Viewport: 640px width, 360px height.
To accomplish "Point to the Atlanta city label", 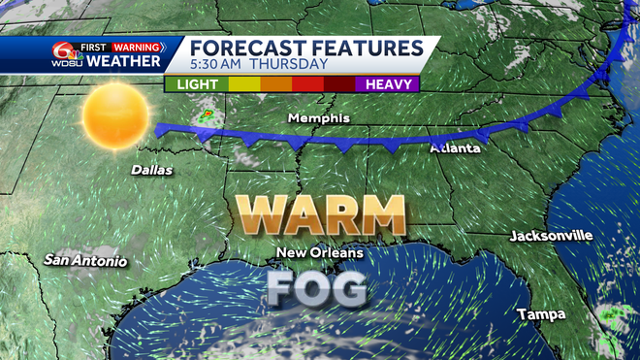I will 455,149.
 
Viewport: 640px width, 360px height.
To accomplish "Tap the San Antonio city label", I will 85,260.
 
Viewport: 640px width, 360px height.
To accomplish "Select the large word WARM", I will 321,215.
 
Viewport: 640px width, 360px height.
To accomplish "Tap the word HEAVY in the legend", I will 390,84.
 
